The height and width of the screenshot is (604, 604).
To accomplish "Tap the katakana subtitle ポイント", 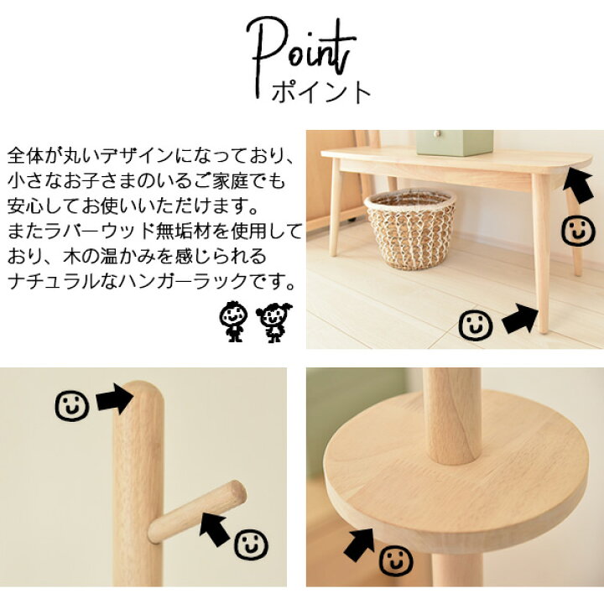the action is tap(320, 91).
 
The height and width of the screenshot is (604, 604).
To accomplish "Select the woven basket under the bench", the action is tap(410, 229).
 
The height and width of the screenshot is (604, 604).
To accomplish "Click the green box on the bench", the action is tap(455, 143).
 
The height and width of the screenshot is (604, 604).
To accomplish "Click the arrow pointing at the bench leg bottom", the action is tap(520, 318).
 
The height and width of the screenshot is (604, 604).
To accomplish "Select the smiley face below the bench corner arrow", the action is tap(578, 231).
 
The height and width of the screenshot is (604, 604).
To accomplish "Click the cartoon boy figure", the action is tap(233, 321).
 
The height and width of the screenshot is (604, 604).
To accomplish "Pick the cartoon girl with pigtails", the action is tap(273, 322).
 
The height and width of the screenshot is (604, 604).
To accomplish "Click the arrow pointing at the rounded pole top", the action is tap(114, 398).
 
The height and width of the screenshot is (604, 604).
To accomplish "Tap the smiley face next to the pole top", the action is tap(72, 406).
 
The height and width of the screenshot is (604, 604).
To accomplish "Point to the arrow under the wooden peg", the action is tap(215, 528).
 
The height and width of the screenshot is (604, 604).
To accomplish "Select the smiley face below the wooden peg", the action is tap(251, 544).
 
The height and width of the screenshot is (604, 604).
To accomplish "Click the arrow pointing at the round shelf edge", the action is tap(359, 545).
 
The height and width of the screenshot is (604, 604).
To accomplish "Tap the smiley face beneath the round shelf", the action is tap(396, 561).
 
